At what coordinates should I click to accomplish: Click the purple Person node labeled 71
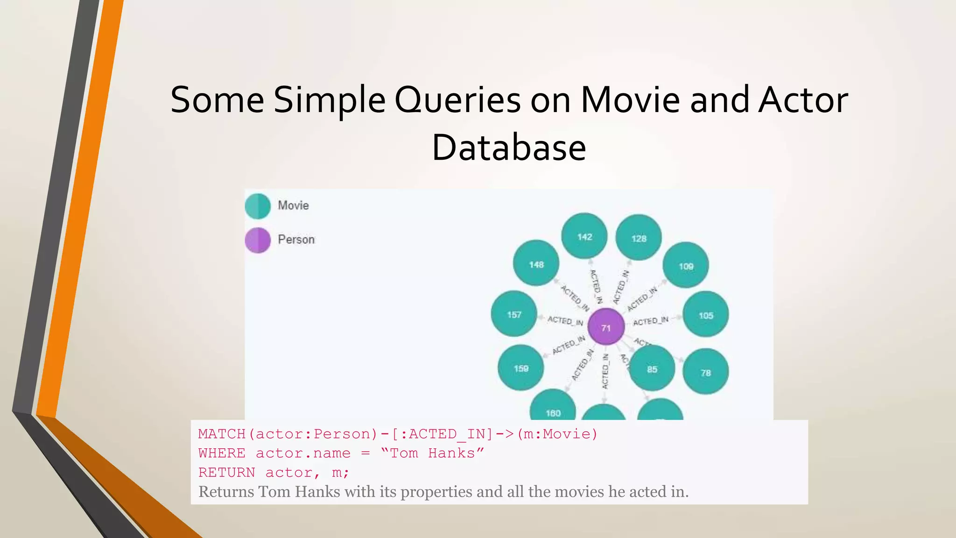606,327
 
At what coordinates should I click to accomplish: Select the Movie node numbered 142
584,236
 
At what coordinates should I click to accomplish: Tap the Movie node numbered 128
639,238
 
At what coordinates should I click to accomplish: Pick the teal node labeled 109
686,265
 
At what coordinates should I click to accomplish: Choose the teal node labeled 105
706,315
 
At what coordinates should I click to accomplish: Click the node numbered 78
706,372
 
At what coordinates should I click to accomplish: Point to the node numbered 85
652,368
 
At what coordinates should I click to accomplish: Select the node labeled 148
536,263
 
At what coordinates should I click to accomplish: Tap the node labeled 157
514,314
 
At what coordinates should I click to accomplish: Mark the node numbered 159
521,368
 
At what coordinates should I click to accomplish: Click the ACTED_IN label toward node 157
565,321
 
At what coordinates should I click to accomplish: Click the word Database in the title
509,148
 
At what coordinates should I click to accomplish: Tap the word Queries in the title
457,100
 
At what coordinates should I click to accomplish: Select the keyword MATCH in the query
222,434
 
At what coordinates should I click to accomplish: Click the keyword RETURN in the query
226,473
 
